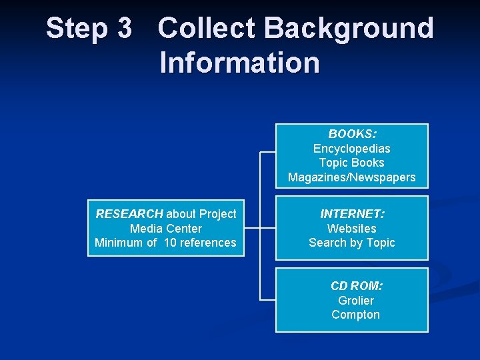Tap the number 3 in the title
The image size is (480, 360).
click(x=124, y=29)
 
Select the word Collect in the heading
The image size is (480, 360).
click(x=207, y=29)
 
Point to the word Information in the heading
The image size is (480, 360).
click(x=239, y=63)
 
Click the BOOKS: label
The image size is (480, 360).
click(x=352, y=133)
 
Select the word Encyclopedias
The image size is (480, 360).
click(x=352, y=148)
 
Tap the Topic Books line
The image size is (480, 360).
click(x=352, y=163)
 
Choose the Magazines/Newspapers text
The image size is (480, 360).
click(x=352, y=177)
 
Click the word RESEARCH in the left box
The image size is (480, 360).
click(x=129, y=214)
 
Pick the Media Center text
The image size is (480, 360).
click(x=166, y=229)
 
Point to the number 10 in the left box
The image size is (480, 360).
click(x=170, y=243)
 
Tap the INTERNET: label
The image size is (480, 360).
click(x=352, y=214)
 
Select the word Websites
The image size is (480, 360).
click(x=352, y=229)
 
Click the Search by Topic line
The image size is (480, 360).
click(x=352, y=243)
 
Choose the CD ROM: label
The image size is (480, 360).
click(x=356, y=286)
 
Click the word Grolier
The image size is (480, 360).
click(x=356, y=301)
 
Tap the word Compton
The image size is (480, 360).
click(x=356, y=315)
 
